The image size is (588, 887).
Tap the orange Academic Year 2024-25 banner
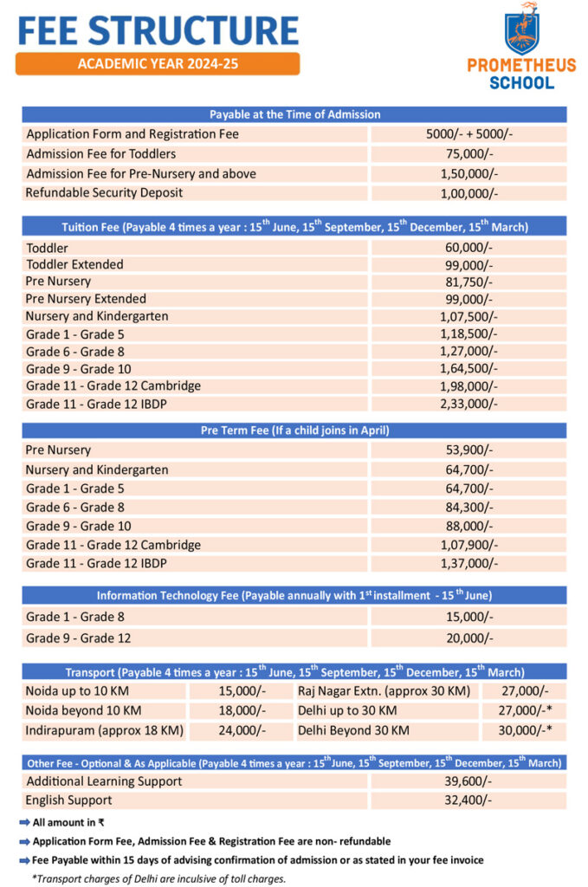pos(158,64)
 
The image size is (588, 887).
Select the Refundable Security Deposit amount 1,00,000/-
pos(468,193)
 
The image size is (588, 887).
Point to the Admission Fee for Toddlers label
pos(100,154)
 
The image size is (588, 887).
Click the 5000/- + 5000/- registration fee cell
pos(468,134)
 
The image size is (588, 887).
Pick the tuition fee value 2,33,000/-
pos(468,403)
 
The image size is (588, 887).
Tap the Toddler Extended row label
pos(74,264)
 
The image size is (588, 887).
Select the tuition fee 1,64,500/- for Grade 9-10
pos(468,368)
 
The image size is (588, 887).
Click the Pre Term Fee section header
pos(294,431)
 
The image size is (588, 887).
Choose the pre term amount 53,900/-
pos(468,450)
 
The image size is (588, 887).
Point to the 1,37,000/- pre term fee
pos(468,564)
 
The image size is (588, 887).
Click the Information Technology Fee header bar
pos(294,595)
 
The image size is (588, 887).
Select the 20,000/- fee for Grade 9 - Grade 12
pos(468,638)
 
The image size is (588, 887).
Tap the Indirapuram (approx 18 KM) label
pos(104,730)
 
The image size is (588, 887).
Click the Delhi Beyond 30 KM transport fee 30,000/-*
pos(523,730)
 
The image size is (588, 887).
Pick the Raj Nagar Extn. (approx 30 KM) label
pos(384,691)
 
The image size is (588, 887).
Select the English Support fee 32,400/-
pos(468,800)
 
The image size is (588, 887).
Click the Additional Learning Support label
pos(104,781)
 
